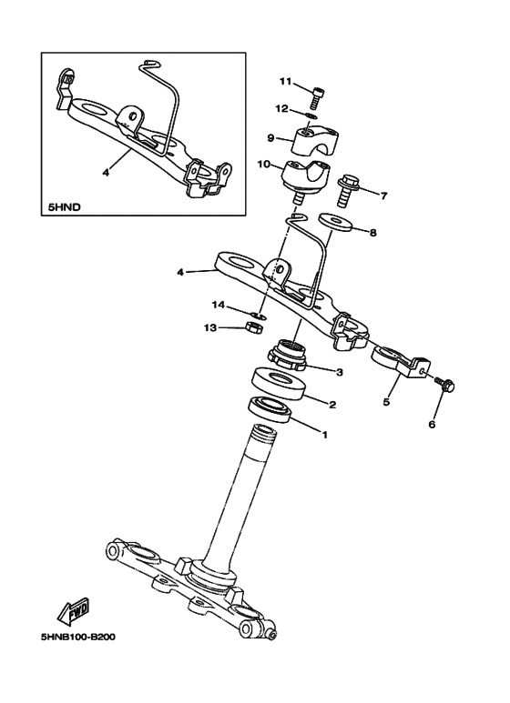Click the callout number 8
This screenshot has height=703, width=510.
coord(372,232)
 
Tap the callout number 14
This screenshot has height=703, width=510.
coord(218,306)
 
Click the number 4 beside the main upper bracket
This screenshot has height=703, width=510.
coord(180,271)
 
